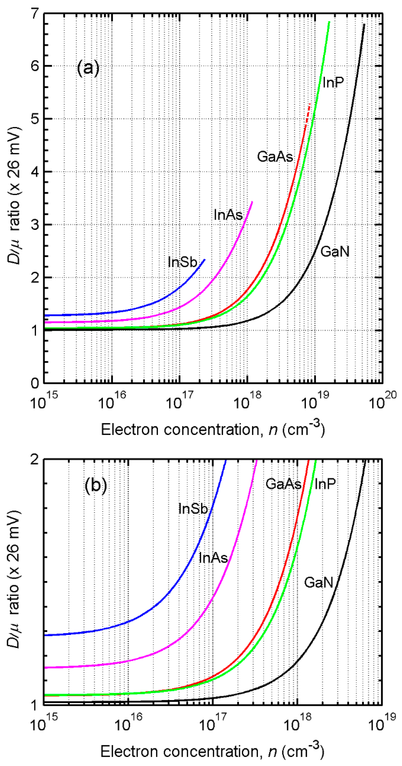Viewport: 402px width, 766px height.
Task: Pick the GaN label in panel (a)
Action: [x=335, y=252]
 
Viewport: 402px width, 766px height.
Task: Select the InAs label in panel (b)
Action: [x=213, y=558]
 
